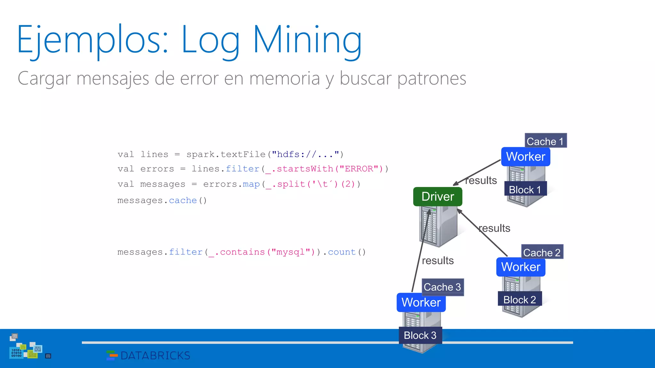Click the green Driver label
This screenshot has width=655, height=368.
[438, 196]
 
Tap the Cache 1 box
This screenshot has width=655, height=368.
[545, 141]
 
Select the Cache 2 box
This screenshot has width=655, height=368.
[542, 252]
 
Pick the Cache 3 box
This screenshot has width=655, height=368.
[442, 287]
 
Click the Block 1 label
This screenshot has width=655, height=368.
[525, 189]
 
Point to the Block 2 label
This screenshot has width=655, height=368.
[519, 300]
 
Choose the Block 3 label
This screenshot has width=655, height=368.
[420, 335]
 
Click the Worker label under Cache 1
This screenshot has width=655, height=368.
[525, 157]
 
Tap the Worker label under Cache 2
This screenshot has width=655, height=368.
[521, 267]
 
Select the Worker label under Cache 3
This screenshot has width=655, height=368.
[421, 302]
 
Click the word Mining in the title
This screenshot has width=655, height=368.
[307, 40]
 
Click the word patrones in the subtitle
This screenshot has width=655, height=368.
[432, 78]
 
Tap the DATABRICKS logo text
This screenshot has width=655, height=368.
[155, 355]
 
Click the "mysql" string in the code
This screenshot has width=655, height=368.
[290, 252]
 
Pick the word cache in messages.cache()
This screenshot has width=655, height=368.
[183, 200]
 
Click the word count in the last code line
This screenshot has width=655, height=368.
[342, 252]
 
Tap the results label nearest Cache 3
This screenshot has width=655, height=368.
[438, 261]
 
